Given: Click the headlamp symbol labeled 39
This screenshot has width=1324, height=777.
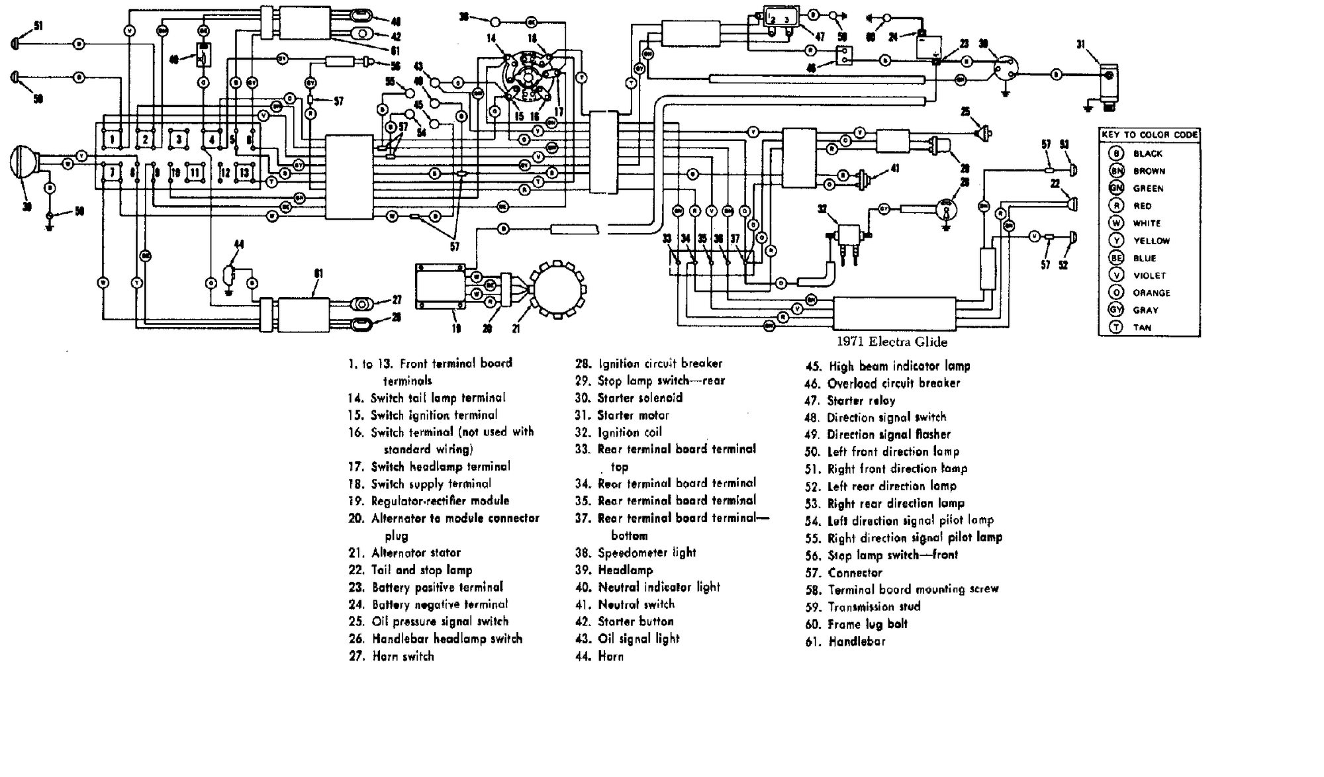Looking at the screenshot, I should (24, 163).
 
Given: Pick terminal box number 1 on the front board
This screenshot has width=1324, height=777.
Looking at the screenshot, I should (113, 140).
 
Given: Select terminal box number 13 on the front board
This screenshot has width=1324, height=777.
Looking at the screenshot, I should (244, 173).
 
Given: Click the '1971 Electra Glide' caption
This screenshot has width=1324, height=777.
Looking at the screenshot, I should (892, 342).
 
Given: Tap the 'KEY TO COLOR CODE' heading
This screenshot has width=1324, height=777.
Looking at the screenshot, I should (1149, 134).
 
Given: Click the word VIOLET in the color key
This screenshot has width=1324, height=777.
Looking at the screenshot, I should (1149, 275).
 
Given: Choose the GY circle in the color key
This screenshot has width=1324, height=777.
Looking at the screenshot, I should (1117, 310).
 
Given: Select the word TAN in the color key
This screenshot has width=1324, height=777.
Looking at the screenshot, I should (1142, 328).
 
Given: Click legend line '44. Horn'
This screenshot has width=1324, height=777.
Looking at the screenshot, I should (600, 657).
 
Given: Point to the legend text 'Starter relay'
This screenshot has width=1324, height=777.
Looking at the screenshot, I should (861, 400).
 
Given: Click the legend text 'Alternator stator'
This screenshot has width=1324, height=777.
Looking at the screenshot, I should (416, 553).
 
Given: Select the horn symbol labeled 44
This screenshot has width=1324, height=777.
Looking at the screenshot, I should (230, 273).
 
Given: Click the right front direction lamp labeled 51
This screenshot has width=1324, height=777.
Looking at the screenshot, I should (16, 44).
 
